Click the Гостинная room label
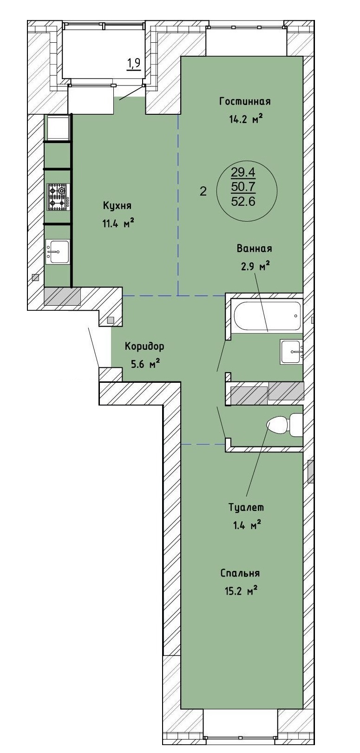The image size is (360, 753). pyautogui.click(x=245, y=101)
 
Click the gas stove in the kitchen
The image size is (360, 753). pyautogui.click(x=58, y=197)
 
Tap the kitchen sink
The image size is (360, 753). pyautogui.click(x=58, y=251)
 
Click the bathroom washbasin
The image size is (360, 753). pyautogui.click(x=291, y=352)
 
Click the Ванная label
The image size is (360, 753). pyautogui.click(x=254, y=249)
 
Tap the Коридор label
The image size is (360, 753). pyautogui.click(x=144, y=347)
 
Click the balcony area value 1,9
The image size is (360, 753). pyautogui.click(x=134, y=63)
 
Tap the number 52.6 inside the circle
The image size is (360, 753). pyautogui.click(x=243, y=201)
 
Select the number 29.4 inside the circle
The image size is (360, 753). pyautogui.click(x=243, y=173)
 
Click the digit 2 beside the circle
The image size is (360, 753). pyautogui.click(x=203, y=191)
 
